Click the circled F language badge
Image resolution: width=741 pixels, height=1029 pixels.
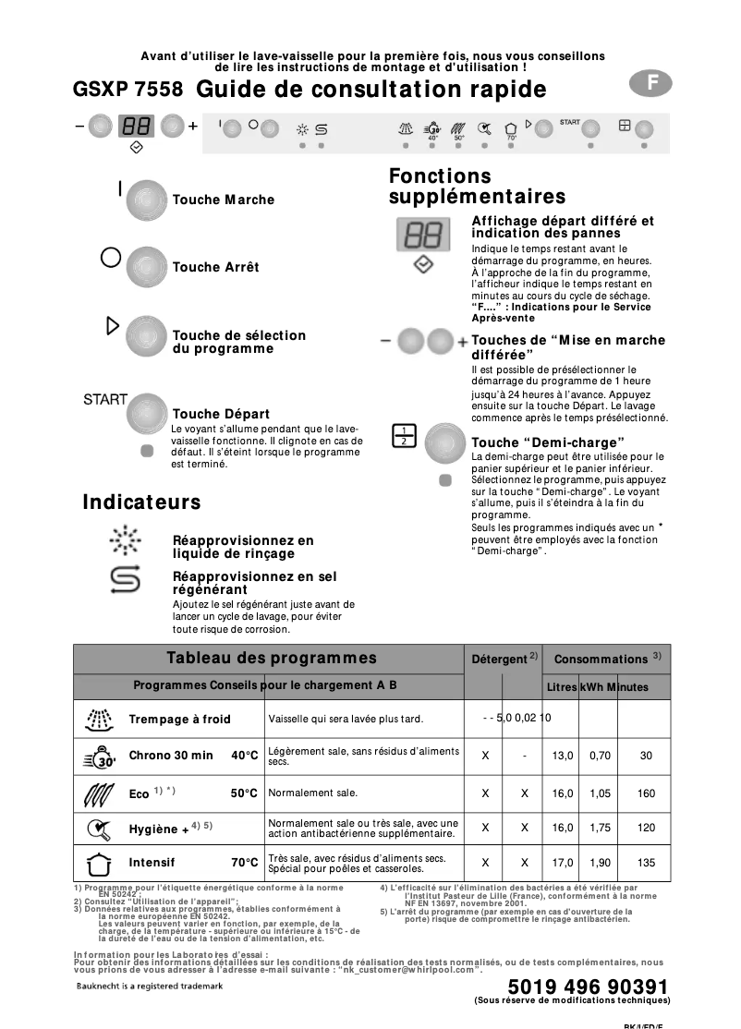click(x=652, y=82)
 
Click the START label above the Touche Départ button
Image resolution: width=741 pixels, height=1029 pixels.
click(x=105, y=399)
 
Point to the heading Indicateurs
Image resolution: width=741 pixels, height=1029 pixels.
click(x=141, y=502)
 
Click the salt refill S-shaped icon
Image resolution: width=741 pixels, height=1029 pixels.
click(x=125, y=579)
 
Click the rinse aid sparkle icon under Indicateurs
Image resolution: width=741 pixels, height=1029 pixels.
click(x=125, y=539)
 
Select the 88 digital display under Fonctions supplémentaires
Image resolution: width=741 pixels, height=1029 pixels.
click(x=423, y=235)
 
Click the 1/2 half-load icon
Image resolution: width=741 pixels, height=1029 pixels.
click(x=405, y=435)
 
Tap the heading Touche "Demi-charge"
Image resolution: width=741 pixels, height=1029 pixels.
click(x=548, y=442)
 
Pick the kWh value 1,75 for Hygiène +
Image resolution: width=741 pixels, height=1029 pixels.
click(x=601, y=829)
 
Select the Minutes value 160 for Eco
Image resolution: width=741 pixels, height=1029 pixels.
click(x=647, y=793)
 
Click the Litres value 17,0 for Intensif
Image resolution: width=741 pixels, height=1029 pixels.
click(x=563, y=863)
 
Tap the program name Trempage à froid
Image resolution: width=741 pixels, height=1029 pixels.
click(x=180, y=719)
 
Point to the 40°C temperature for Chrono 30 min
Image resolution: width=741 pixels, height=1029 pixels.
click(x=245, y=756)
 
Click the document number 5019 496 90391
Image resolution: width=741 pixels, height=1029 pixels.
click(x=588, y=987)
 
